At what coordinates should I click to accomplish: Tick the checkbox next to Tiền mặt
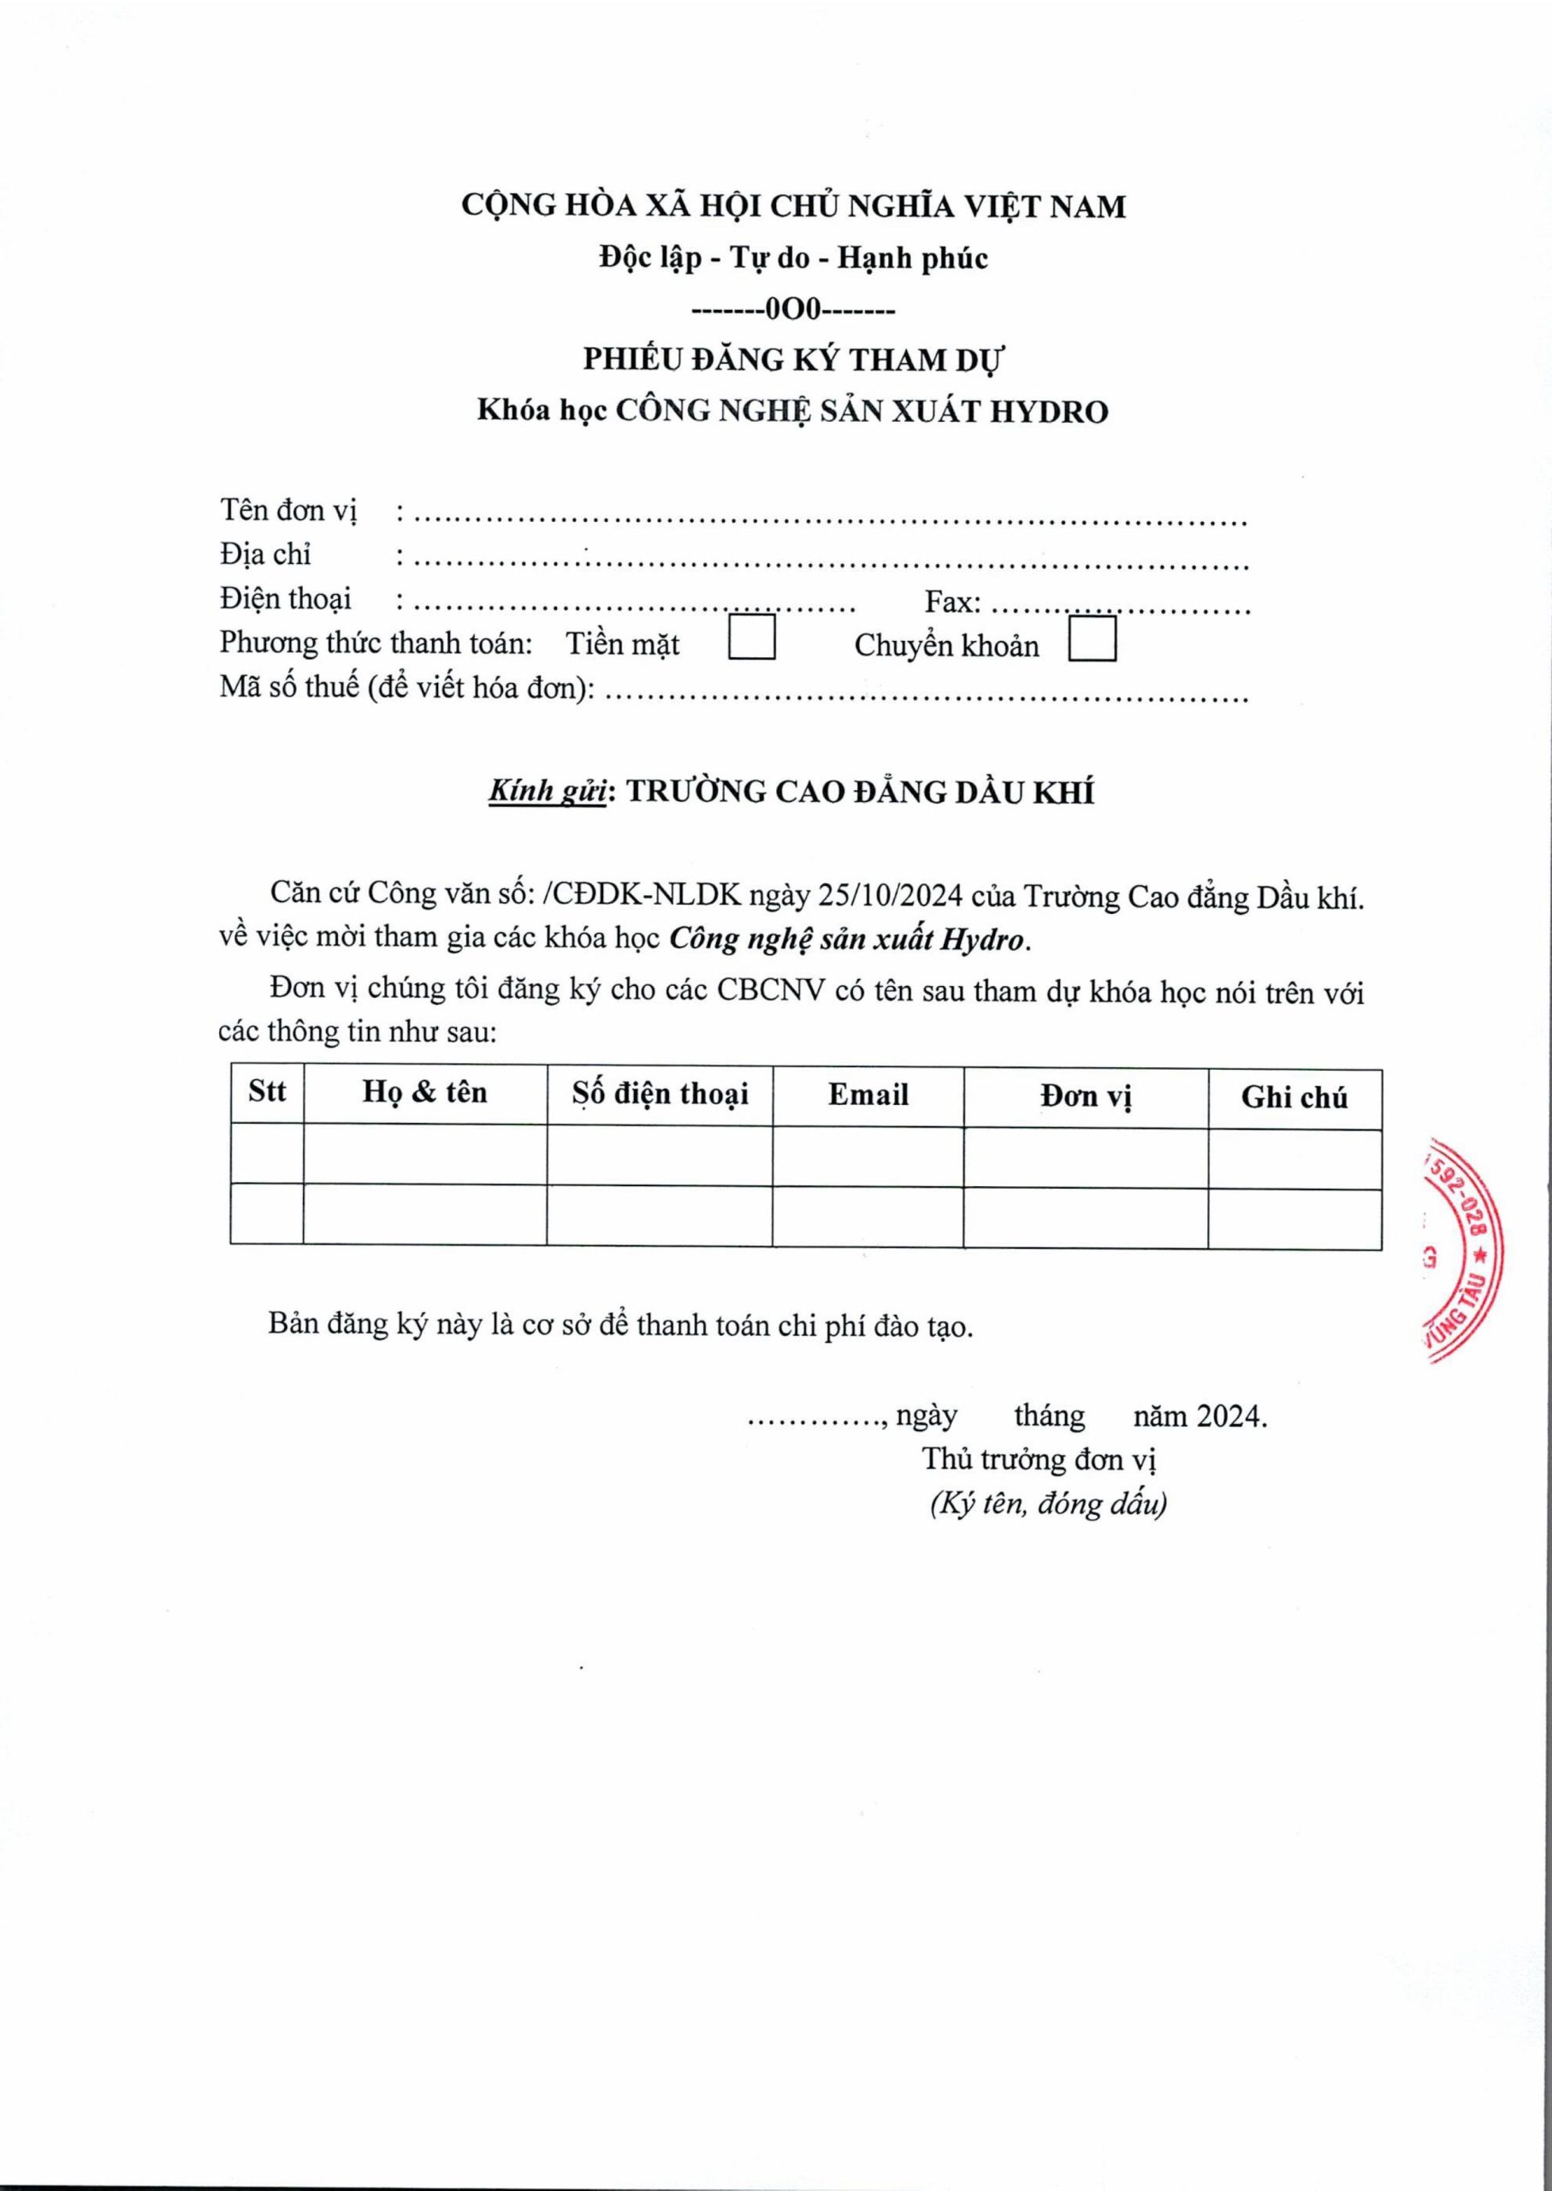point(751,639)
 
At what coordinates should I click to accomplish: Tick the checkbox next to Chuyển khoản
point(1092,639)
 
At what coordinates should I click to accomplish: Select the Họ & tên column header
point(424,1093)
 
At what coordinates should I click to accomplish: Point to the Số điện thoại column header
point(660,1095)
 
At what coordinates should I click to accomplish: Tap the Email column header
point(868,1095)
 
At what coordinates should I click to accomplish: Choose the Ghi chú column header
point(1294,1097)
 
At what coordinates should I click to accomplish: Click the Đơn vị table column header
point(1086,1096)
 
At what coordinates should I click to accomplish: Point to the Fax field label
point(952,603)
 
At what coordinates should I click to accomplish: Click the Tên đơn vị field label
point(287,509)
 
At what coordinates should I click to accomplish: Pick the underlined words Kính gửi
point(548,793)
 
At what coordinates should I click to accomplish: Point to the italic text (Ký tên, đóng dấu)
point(1047,1504)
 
